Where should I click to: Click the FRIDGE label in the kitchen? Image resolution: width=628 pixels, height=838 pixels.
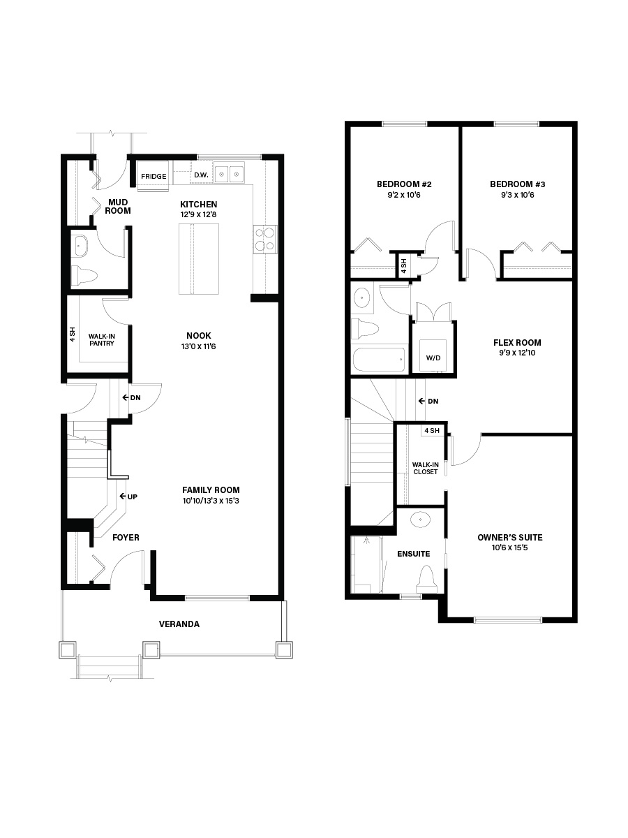coord(154,177)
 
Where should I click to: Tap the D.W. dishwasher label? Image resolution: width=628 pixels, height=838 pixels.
coord(201,175)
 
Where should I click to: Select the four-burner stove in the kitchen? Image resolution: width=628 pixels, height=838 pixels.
coord(265,239)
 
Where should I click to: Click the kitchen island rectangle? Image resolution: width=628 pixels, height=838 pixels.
coord(199,259)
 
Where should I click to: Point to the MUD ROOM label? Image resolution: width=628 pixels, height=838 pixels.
coord(118,207)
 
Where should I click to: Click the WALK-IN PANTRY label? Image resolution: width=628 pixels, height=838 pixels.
coord(102,340)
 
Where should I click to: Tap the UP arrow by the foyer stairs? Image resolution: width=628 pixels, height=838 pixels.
coord(128,497)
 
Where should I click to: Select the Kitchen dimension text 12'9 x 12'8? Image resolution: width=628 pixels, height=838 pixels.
coord(198,214)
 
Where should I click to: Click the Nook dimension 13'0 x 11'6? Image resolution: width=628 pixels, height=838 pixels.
coord(198,346)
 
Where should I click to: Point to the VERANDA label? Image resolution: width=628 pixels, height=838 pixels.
coord(179,624)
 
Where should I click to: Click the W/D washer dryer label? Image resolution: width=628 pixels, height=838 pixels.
coord(433,358)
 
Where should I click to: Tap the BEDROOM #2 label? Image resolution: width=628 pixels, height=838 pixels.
coord(404,184)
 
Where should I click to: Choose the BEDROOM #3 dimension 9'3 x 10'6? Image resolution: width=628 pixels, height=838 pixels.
coord(518,195)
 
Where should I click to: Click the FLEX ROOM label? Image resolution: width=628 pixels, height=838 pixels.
coord(517,342)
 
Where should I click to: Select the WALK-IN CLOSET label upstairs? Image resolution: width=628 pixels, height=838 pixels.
coord(425,469)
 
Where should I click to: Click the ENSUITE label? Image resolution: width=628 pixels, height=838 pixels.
coord(413,554)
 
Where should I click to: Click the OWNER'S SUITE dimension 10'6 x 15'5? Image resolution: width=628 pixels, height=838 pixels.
coord(510,548)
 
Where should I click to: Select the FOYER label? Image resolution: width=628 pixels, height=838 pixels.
coord(126,538)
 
